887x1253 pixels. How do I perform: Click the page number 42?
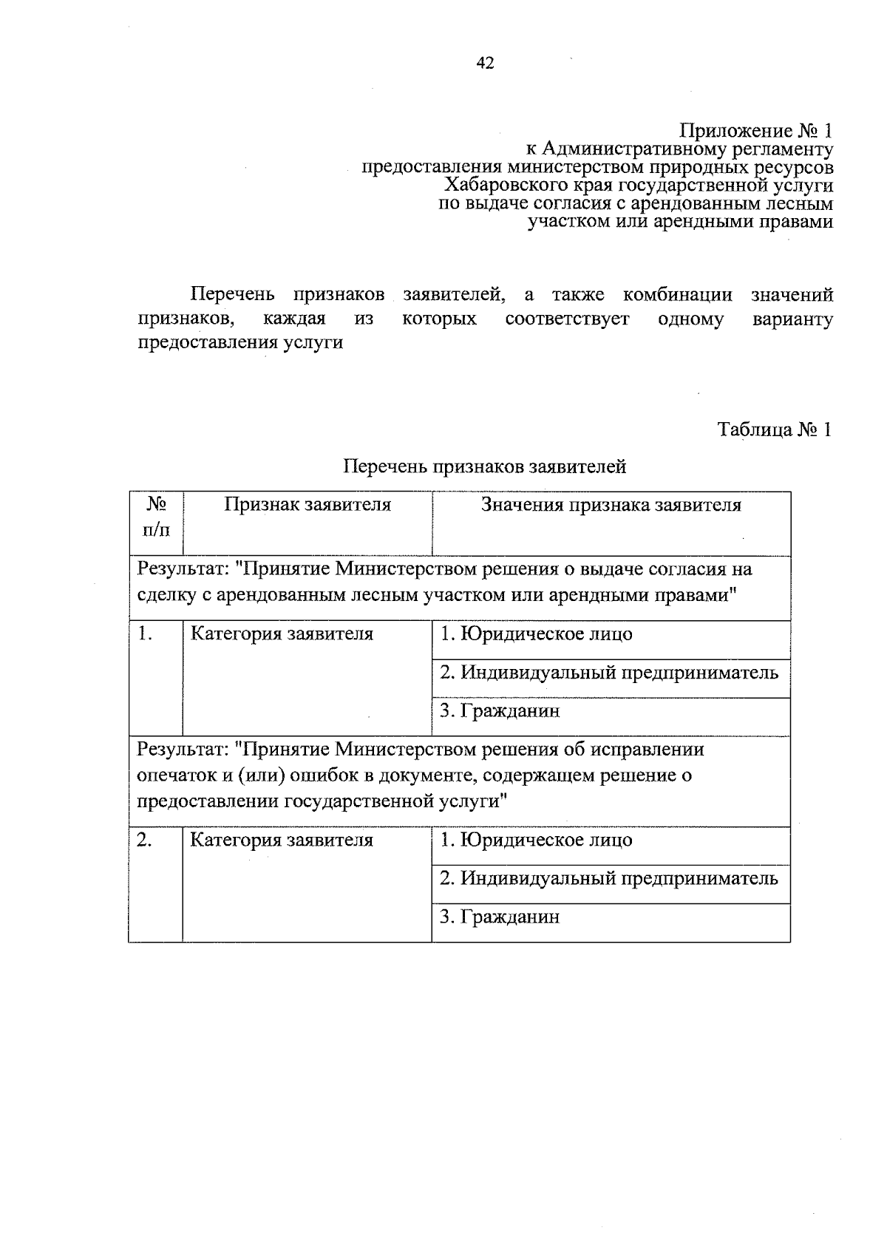coord(484,64)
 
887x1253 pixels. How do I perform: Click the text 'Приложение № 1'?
coord(755,132)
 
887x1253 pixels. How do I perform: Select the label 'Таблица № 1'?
coord(775,430)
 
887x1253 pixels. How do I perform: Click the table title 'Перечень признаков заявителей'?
coord(485,467)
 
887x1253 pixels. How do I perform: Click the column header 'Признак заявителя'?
coord(307,506)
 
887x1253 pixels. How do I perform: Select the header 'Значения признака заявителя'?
coord(611,506)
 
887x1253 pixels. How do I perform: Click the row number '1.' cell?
coord(146,635)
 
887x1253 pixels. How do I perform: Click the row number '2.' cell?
coord(146,841)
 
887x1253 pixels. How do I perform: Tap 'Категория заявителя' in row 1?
coord(282,635)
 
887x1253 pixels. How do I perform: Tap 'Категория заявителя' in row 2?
coord(282,841)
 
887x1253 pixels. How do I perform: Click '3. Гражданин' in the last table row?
coord(500,917)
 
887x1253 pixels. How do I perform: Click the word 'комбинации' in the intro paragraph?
coord(678,296)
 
